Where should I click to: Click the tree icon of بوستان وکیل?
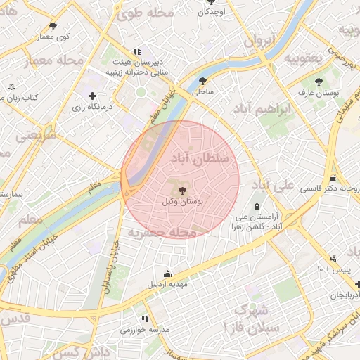[182, 191]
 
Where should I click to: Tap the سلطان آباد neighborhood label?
[200, 160]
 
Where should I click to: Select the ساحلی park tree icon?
[203, 82]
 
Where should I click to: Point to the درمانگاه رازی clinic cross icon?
[92, 96]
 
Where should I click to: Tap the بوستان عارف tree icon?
[320, 82]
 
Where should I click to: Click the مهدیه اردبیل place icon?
[167, 274]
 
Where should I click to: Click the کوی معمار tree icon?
[53, 26]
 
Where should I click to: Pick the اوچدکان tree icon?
[211, 2]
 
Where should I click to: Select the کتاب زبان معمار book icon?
[11, 86]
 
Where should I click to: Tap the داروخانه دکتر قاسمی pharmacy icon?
[332, 179]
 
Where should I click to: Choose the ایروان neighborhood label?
[259, 41]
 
